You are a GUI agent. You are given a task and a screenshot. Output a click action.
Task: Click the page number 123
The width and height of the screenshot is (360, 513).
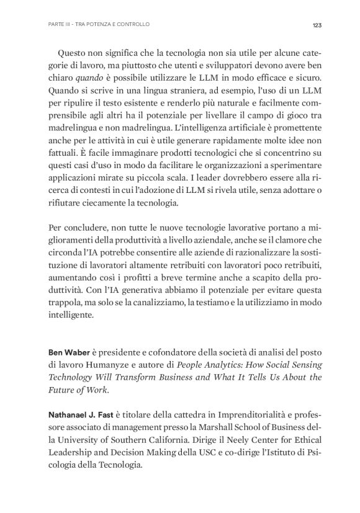tap(316, 25)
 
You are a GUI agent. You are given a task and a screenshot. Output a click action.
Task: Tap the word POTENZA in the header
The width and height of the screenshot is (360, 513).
tap(96, 25)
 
